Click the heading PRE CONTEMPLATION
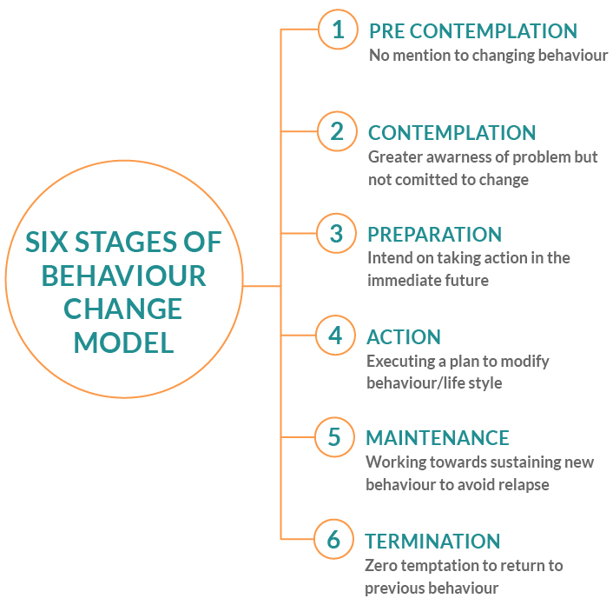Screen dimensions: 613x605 tap(473, 31)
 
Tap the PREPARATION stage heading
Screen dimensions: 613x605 tap(434, 235)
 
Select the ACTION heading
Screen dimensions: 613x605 tap(404, 337)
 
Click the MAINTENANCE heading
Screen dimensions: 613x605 tap(437, 437)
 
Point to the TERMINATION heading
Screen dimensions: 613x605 tap(432, 542)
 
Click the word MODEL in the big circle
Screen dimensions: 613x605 tap(123, 342)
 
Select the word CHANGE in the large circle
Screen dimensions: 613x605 tap(122, 309)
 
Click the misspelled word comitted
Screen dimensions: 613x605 tap(420, 180)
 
